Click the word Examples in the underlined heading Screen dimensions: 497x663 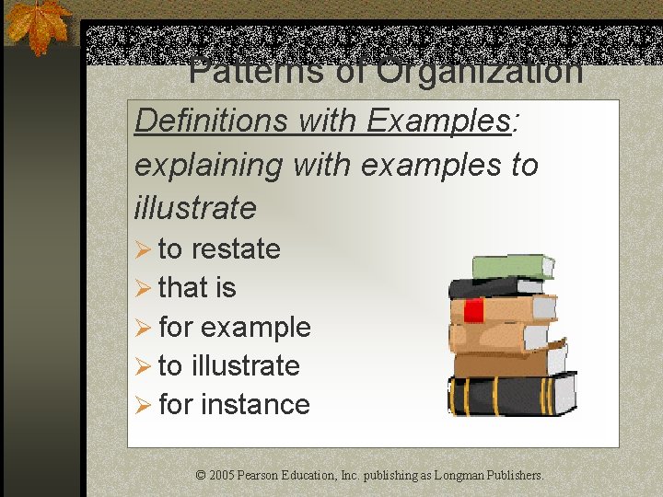439,121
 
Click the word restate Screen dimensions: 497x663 236,249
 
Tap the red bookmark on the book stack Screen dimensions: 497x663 473,310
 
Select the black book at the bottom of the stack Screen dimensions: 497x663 511,395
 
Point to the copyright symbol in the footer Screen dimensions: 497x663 201,476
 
